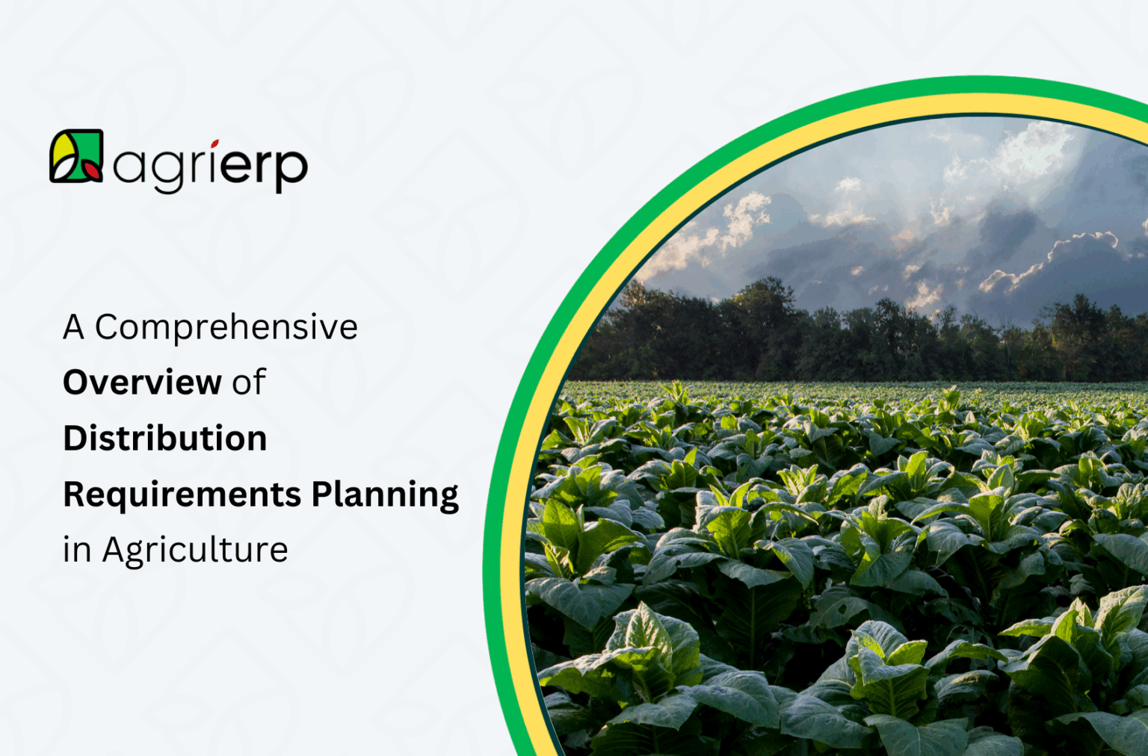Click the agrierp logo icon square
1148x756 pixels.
[76, 156]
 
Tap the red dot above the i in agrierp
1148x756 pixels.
[215, 143]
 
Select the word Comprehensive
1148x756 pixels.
[226, 327]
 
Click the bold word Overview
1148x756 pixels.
[142, 382]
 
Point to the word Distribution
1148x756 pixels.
[165, 439]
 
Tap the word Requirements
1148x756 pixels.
[182, 495]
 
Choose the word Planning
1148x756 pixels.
[385, 495]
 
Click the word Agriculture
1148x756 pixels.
[195, 551]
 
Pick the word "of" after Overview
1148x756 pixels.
[249, 382]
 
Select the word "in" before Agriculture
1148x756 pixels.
[76, 551]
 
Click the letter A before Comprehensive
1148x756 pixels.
[73, 327]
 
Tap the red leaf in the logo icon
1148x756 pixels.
[92, 170]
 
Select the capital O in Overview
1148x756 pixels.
[76, 382]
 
